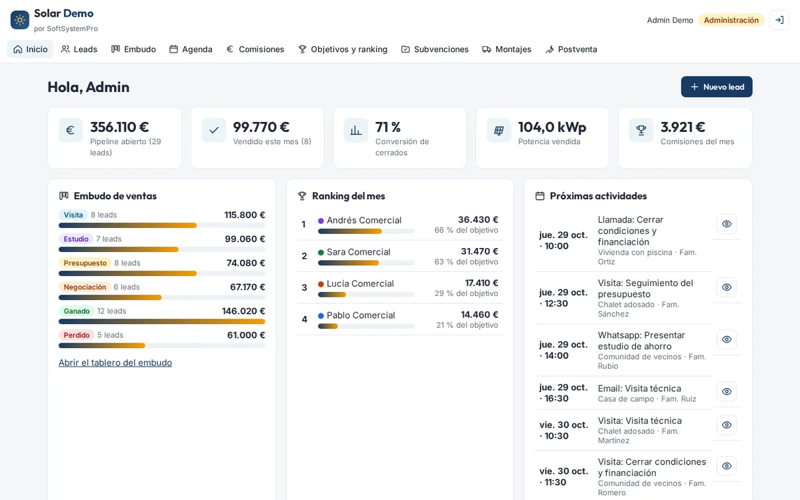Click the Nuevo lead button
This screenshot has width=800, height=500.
click(x=717, y=87)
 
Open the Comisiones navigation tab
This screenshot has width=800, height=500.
click(x=255, y=49)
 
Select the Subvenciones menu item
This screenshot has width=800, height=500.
click(x=435, y=49)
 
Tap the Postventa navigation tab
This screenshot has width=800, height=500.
click(x=571, y=49)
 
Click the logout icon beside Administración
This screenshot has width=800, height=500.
click(x=779, y=20)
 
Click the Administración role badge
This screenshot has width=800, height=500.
click(x=731, y=20)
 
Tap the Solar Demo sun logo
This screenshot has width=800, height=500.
click(x=20, y=20)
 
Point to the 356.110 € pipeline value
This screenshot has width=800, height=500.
click(x=119, y=127)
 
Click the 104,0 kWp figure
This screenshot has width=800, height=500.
click(x=552, y=127)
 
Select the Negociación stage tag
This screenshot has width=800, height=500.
click(x=85, y=287)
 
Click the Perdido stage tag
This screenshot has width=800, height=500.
click(x=77, y=335)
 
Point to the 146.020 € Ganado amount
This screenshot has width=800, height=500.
click(x=243, y=311)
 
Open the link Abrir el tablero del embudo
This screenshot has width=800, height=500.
click(x=115, y=363)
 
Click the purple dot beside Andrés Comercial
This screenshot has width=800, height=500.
click(x=321, y=221)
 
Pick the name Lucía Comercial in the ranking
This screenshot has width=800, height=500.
click(x=360, y=283)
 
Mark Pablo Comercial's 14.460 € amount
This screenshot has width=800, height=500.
click(x=479, y=315)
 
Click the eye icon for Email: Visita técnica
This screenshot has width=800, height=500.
click(x=727, y=391)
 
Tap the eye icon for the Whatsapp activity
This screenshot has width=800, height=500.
click(x=727, y=339)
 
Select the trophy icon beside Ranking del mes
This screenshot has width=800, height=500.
click(x=302, y=196)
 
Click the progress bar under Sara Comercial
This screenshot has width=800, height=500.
click(x=366, y=263)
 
